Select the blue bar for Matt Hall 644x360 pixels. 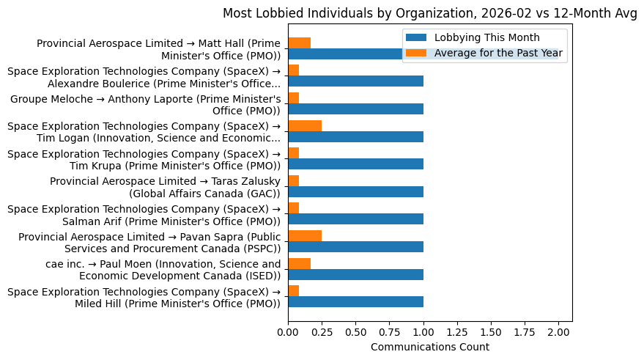pos(344,54)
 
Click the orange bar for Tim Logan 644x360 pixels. pos(305,126)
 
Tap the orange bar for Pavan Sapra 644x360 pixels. pos(305,236)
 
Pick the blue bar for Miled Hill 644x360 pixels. pos(355,301)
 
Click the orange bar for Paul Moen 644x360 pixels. pos(299,264)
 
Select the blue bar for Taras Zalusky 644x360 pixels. pos(355,191)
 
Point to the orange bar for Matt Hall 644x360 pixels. pos(299,43)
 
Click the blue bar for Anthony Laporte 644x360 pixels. pos(355,109)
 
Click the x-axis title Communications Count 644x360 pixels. pos(430,347)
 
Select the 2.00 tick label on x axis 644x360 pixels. pos(558,331)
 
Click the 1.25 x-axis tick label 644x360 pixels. pos(457,331)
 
